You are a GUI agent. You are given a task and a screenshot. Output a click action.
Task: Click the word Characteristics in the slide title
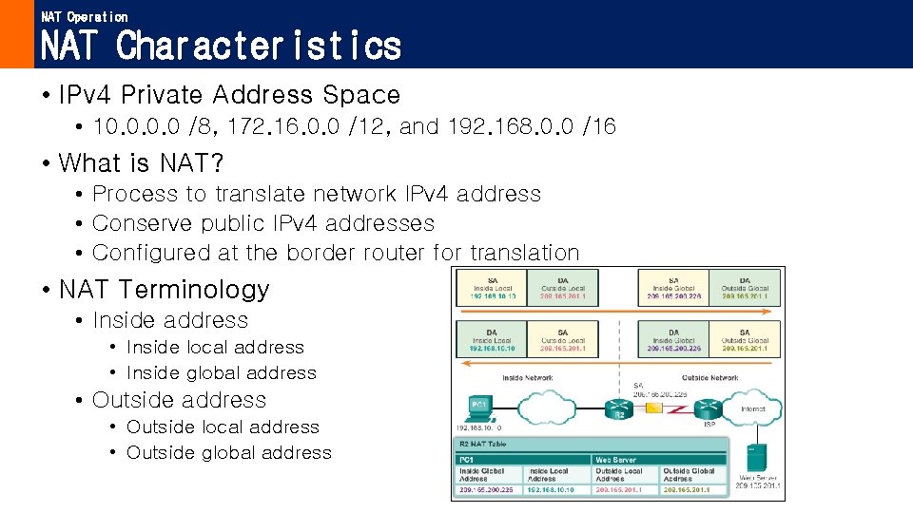pos(259,46)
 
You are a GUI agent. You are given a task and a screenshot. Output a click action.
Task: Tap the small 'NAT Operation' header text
pos(85,16)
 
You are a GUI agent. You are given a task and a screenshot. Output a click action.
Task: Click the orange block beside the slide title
pos(16,34)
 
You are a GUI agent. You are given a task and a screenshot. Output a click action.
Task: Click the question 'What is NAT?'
pos(142,163)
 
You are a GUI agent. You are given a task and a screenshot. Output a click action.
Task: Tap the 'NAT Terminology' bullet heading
pos(165,289)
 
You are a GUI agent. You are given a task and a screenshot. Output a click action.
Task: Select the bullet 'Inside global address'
pos(221,373)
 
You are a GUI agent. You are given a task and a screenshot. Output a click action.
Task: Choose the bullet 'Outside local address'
pos(223,427)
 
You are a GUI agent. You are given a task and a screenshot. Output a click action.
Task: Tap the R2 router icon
pos(619,409)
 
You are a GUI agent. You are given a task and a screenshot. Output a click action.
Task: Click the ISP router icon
pos(708,409)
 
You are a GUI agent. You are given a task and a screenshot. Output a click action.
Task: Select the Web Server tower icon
pos(756,461)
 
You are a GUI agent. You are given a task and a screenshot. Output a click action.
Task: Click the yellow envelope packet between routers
pos(654,408)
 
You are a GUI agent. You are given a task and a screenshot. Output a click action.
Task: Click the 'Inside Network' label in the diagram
pos(527,378)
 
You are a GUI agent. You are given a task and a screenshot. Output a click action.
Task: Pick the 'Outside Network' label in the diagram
pos(709,378)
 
